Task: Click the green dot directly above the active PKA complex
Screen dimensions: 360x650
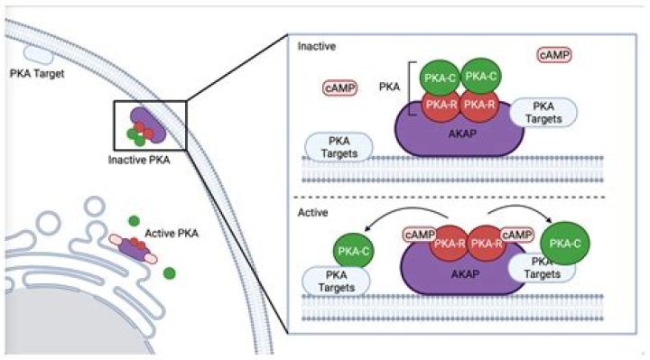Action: (134, 219)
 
